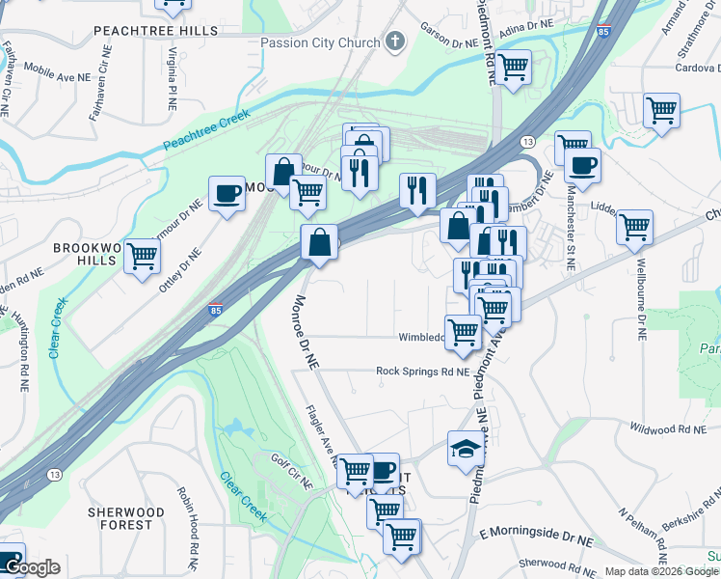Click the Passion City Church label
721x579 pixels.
tap(321, 42)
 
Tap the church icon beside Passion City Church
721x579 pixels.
tap(394, 42)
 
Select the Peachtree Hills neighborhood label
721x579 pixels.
tap(156, 31)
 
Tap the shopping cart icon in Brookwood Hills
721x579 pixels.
tap(143, 257)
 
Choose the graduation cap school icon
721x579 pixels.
tap(466, 448)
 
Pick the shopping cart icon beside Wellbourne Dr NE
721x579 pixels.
tap(635, 228)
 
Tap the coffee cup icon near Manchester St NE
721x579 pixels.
tap(582, 165)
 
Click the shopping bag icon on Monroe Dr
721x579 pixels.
tap(319, 243)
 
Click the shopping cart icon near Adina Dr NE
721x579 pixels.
tap(514, 67)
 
